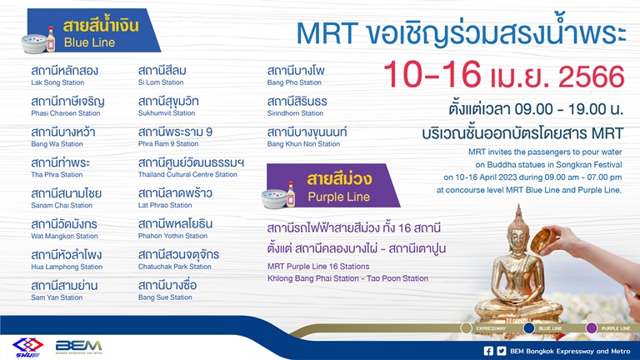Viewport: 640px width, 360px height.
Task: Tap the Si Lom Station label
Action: click(x=161, y=83)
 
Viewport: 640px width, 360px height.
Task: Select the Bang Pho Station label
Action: click(x=294, y=83)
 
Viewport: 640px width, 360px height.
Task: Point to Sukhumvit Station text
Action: click(x=167, y=113)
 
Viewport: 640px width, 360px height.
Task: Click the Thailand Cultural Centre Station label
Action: click(x=187, y=175)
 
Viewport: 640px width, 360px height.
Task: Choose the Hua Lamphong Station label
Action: click(x=67, y=267)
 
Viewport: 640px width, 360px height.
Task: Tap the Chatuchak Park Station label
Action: click(x=173, y=267)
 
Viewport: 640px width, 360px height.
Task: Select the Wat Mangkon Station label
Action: click(x=64, y=237)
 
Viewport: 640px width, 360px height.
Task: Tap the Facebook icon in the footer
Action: click(x=488, y=351)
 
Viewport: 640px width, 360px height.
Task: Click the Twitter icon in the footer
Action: click(x=502, y=351)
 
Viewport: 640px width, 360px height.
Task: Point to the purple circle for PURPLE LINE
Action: click(x=592, y=328)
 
